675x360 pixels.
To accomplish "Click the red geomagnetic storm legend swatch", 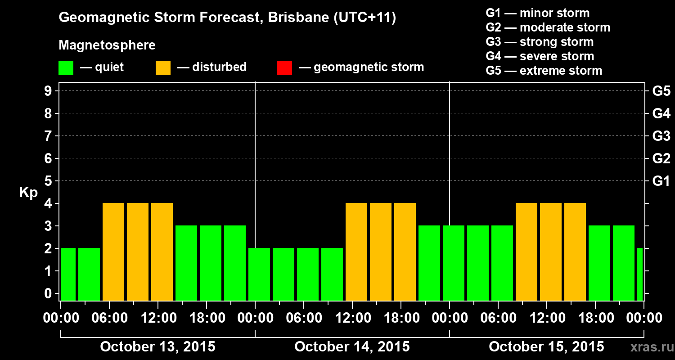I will click(284, 67).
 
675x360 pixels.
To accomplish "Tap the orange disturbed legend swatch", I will click(163, 67).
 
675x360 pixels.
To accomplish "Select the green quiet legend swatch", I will click(66, 67).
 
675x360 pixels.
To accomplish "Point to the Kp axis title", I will click(28, 193).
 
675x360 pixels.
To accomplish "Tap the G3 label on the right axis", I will click(661, 136).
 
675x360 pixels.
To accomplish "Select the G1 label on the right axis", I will click(661, 181).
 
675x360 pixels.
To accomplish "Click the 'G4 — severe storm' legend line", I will click(540, 56).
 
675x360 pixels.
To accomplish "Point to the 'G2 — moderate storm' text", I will click(548, 27).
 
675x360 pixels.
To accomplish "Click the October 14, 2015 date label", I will click(352, 347).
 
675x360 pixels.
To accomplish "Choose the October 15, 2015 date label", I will click(546, 347).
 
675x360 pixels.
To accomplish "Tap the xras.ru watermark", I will click(648, 347).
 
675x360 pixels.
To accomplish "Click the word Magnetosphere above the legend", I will click(107, 45).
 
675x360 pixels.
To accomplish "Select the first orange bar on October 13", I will click(113, 252).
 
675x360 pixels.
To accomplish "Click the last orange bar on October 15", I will click(575, 252).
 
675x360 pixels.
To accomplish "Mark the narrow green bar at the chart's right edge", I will click(640, 274).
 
